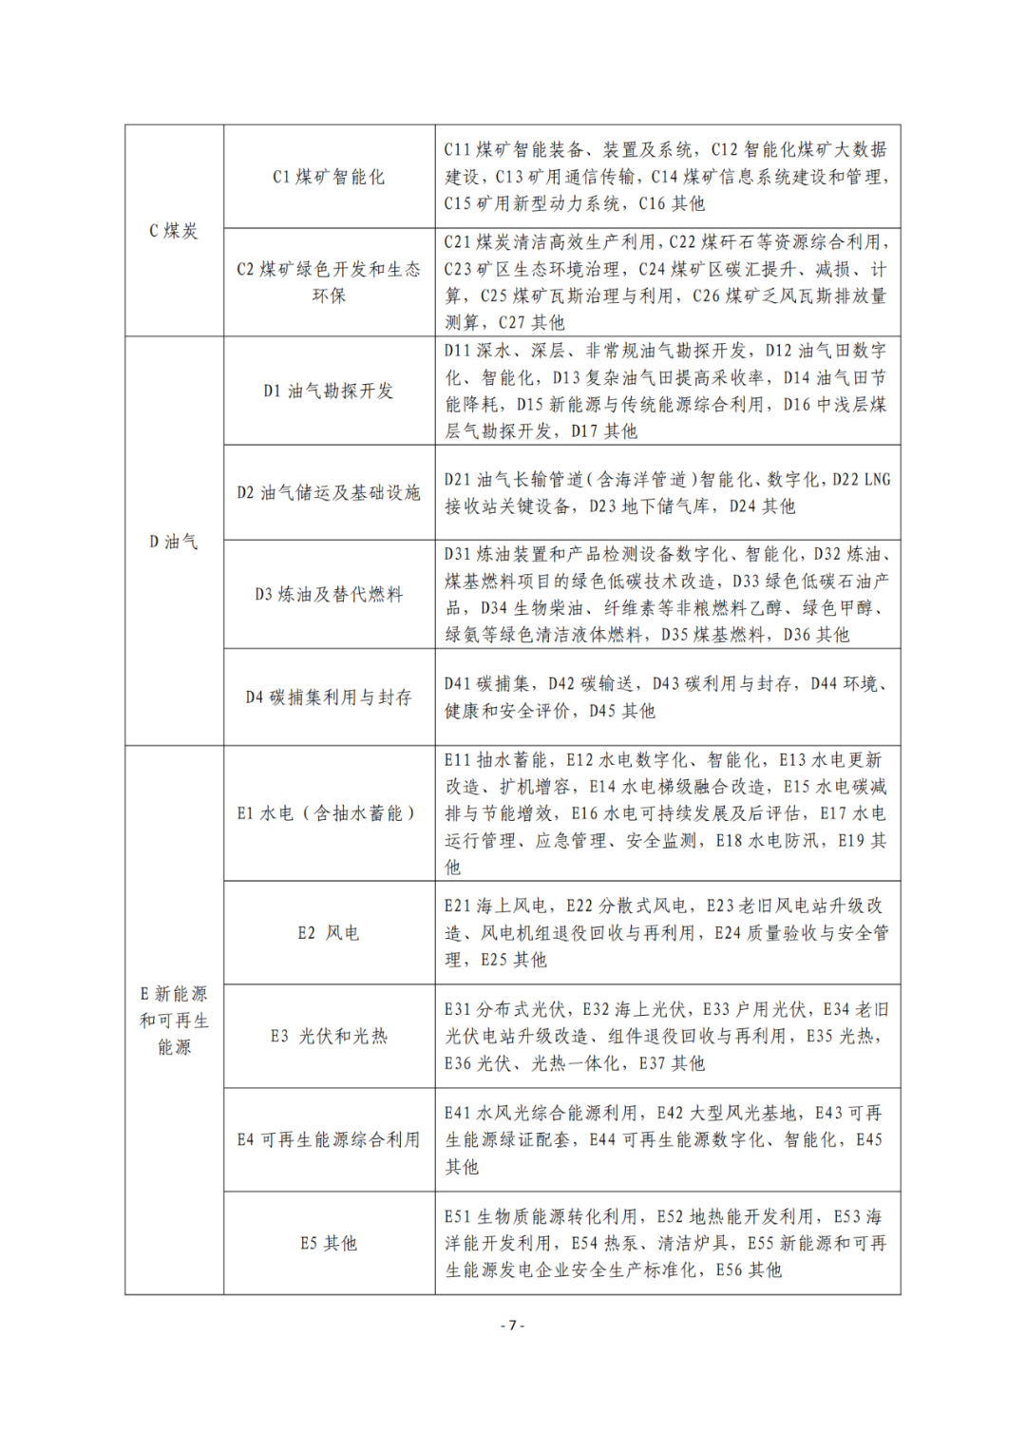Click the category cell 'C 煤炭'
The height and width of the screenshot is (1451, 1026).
[174, 231]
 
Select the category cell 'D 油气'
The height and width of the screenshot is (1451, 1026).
[174, 542]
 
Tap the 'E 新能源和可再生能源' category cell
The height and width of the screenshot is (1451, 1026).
[174, 1021]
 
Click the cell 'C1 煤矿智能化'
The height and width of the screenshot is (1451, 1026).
[329, 177]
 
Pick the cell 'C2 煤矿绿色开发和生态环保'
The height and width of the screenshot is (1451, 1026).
[329, 282]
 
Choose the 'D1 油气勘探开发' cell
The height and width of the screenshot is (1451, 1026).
[329, 391]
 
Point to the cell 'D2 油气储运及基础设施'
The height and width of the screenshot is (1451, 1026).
[329, 492]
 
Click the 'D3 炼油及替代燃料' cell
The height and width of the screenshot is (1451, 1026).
[329, 595]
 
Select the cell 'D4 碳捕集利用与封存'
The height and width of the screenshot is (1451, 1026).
[329, 697]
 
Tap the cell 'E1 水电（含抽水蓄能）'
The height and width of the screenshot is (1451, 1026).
[329, 813]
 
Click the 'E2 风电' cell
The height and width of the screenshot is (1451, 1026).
[329, 933]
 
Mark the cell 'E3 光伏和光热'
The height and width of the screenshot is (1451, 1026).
[329, 1036]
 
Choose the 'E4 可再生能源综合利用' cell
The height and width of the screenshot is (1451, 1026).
[329, 1139]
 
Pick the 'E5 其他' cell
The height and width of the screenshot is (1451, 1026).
[329, 1243]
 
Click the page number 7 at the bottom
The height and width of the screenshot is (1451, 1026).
[512, 1326]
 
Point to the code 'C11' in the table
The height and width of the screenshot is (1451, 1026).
[457, 150]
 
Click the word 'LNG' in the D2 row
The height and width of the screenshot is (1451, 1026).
[877, 480]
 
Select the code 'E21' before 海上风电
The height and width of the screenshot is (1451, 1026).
[457, 907]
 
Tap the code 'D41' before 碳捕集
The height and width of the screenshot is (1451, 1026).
[457, 684]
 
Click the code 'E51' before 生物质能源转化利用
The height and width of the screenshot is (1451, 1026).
[457, 1217]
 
